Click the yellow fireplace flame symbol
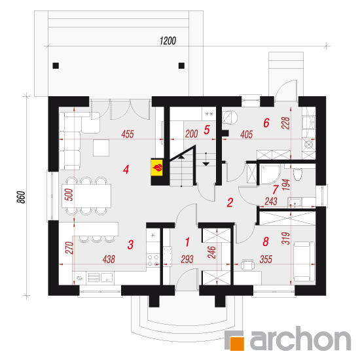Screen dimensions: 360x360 (x=157, y=168)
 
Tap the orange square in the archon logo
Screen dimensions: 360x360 (x=237, y=344)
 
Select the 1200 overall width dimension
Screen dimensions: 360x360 (x=168, y=41)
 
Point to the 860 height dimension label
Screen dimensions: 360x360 (x=21, y=197)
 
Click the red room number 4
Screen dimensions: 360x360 (x=126, y=170)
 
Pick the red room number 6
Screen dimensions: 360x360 (x=266, y=123)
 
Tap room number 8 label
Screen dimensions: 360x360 (x=266, y=242)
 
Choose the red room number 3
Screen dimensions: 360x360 (x=130, y=245)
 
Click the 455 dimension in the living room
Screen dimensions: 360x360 (x=128, y=134)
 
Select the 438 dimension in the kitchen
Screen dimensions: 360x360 (x=109, y=259)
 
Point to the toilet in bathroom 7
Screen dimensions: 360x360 (x=298, y=175)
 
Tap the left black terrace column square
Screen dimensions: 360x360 (x=56, y=65)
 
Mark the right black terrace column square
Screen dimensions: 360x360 (x=181, y=65)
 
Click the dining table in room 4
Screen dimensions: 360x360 (x=86, y=196)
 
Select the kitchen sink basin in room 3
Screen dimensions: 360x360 (x=107, y=278)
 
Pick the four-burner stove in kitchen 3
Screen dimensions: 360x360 (x=153, y=260)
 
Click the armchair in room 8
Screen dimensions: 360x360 (x=247, y=265)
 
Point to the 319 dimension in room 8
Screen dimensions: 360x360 (x=286, y=238)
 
